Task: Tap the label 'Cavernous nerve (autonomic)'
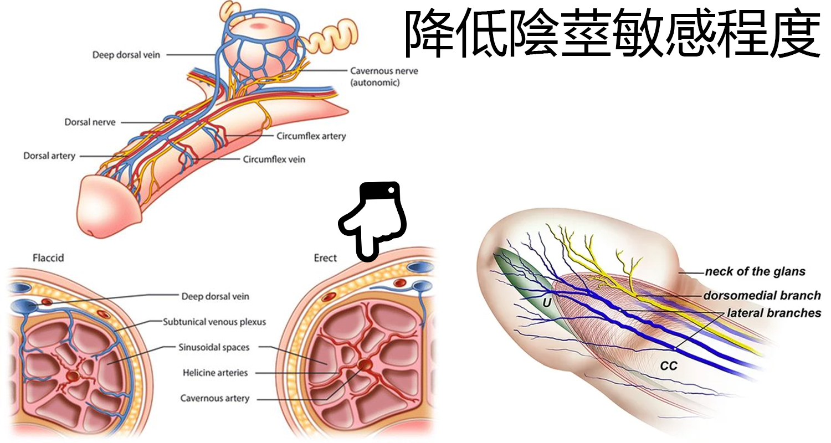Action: tap(384, 76)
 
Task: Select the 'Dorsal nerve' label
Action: tap(90, 122)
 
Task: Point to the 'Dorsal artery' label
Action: tap(49, 156)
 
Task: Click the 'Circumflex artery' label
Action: tap(311, 136)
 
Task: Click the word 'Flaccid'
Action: tap(48, 258)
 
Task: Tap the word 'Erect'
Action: tap(325, 258)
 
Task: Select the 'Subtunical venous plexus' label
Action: tap(214, 322)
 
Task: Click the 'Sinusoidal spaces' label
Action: tap(214, 347)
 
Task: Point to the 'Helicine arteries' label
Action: tap(215, 373)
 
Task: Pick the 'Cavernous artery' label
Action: tap(215, 398)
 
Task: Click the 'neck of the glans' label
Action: tap(755, 272)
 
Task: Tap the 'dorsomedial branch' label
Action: tap(762, 296)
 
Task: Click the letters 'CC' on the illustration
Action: tap(669, 366)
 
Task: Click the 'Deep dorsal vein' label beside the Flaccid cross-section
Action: tap(215, 296)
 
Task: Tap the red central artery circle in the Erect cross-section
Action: tap(365, 365)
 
